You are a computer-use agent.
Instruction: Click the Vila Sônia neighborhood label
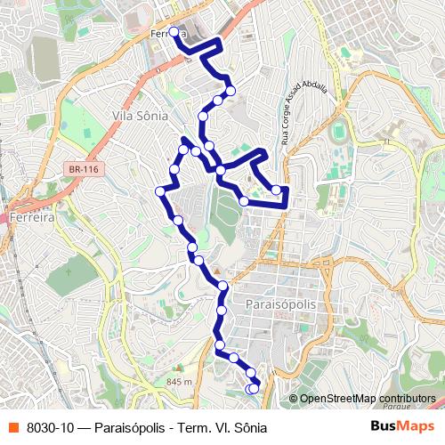point(134,115)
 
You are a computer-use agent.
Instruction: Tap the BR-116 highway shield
point(81,167)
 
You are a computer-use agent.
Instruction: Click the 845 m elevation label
point(178,382)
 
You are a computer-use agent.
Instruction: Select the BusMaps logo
point(402,426)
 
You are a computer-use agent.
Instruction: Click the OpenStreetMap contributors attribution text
point(367,399)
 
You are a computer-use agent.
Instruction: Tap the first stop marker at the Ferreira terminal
point(174,33)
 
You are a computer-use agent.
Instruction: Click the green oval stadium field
point(339,133)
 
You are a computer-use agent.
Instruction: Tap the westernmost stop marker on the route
point(160,190)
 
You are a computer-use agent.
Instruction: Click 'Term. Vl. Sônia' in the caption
point(225,427)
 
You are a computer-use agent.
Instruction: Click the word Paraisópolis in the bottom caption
point(139,427)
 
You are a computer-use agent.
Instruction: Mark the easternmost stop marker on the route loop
point(277,190)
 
